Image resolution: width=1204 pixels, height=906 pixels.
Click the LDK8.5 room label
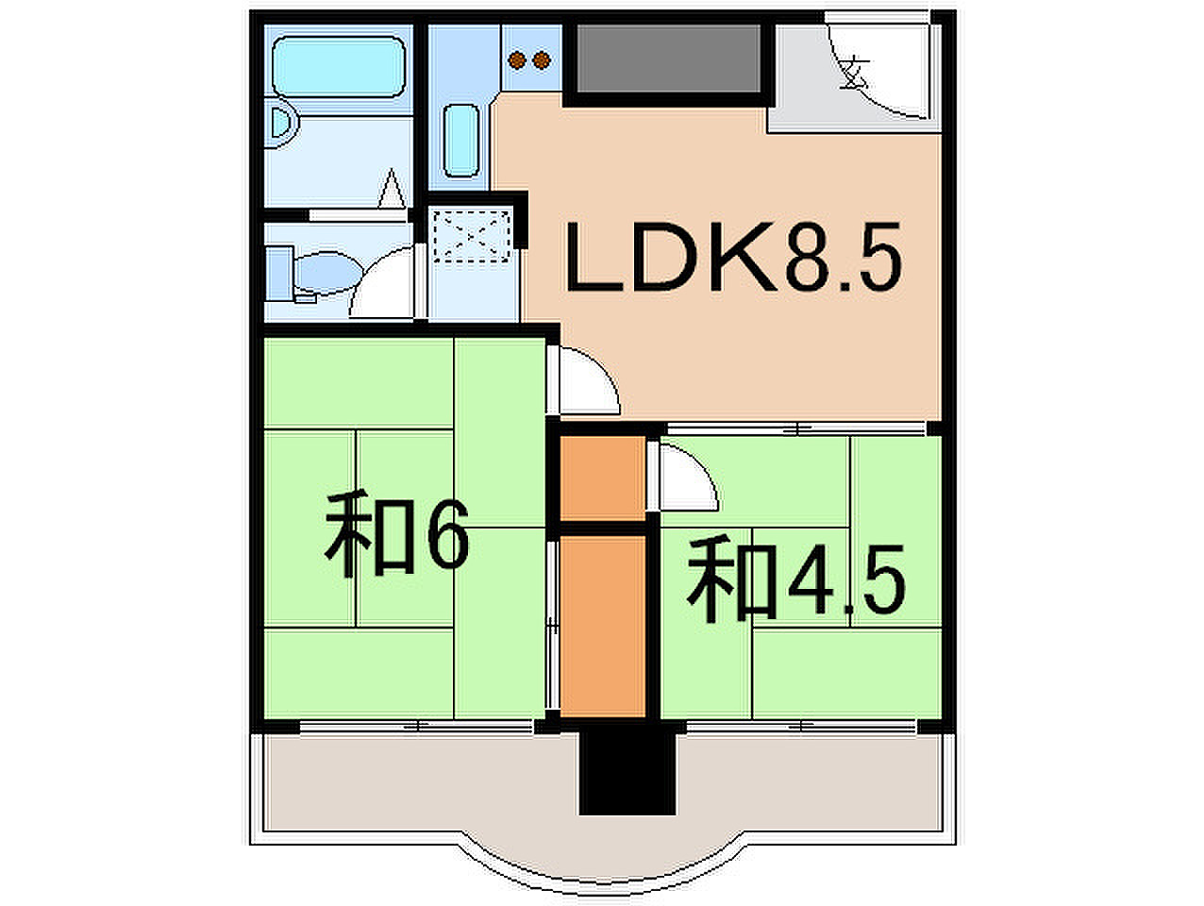tap(733, 257)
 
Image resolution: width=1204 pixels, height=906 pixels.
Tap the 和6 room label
tap(396, 535)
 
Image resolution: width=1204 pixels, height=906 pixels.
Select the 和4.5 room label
tap(795, 580)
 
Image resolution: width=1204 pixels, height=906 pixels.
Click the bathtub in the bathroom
tap(339, 67)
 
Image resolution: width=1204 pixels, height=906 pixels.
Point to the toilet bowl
tap(328, 273)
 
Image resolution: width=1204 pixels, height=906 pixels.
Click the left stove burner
tap(517, 59)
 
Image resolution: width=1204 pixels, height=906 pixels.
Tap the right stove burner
tap(542, 59)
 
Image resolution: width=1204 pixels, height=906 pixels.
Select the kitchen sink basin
tap(461, 141)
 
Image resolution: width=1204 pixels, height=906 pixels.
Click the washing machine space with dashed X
tap(472, 236)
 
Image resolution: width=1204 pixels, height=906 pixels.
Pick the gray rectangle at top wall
tap(669, 59)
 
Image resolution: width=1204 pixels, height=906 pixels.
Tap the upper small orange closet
tap(602, 478)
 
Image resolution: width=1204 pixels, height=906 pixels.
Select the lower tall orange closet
tap(602, 627)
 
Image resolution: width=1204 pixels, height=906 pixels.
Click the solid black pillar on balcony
tap(627, 772)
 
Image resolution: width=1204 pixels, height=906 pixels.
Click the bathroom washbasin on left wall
tap(285, 124)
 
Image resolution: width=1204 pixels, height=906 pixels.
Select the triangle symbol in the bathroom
tap(392, 189)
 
